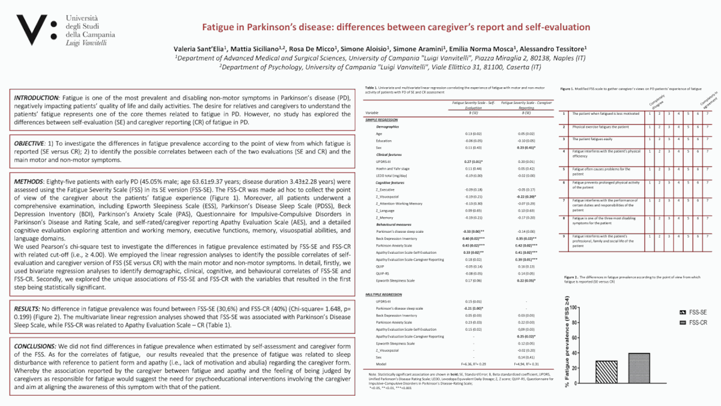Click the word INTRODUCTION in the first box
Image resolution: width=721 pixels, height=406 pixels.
(x=37, y=97)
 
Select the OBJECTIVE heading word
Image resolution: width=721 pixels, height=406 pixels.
(x=30, y=144)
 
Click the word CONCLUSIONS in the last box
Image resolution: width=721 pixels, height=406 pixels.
(x=35, y=348)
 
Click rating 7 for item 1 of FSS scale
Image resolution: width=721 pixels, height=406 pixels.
(x=707, y=114)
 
